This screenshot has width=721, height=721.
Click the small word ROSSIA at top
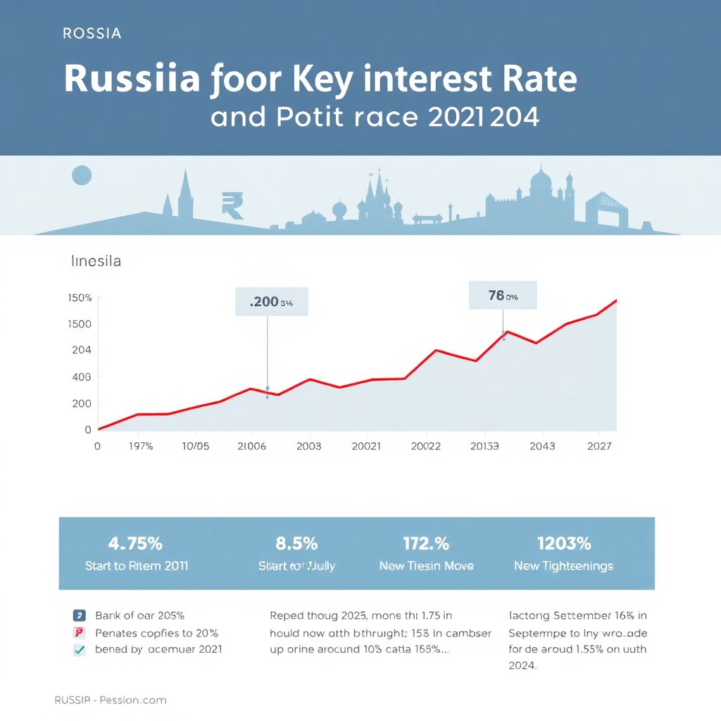(92, 33)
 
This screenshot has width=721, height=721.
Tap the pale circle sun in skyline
(82, 175)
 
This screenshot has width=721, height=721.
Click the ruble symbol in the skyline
(232, 204)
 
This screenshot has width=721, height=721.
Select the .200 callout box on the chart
(271, 302)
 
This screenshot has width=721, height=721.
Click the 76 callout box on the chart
(503, 296)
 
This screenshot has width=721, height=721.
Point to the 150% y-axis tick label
(80, 298)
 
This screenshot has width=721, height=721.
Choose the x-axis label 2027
(598, 446)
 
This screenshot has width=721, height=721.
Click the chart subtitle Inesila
(96, 261)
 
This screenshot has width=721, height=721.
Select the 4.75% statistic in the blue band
(135, 544)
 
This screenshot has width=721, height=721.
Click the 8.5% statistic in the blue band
(296, 544)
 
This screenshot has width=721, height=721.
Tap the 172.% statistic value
(426, 544)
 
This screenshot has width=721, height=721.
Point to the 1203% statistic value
(563, 544)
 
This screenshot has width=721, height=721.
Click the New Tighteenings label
(563, 566)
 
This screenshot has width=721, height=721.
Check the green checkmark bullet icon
(80, 650)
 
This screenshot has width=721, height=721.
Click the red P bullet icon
(80, 632)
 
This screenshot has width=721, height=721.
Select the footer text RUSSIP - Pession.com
(111, 700)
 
